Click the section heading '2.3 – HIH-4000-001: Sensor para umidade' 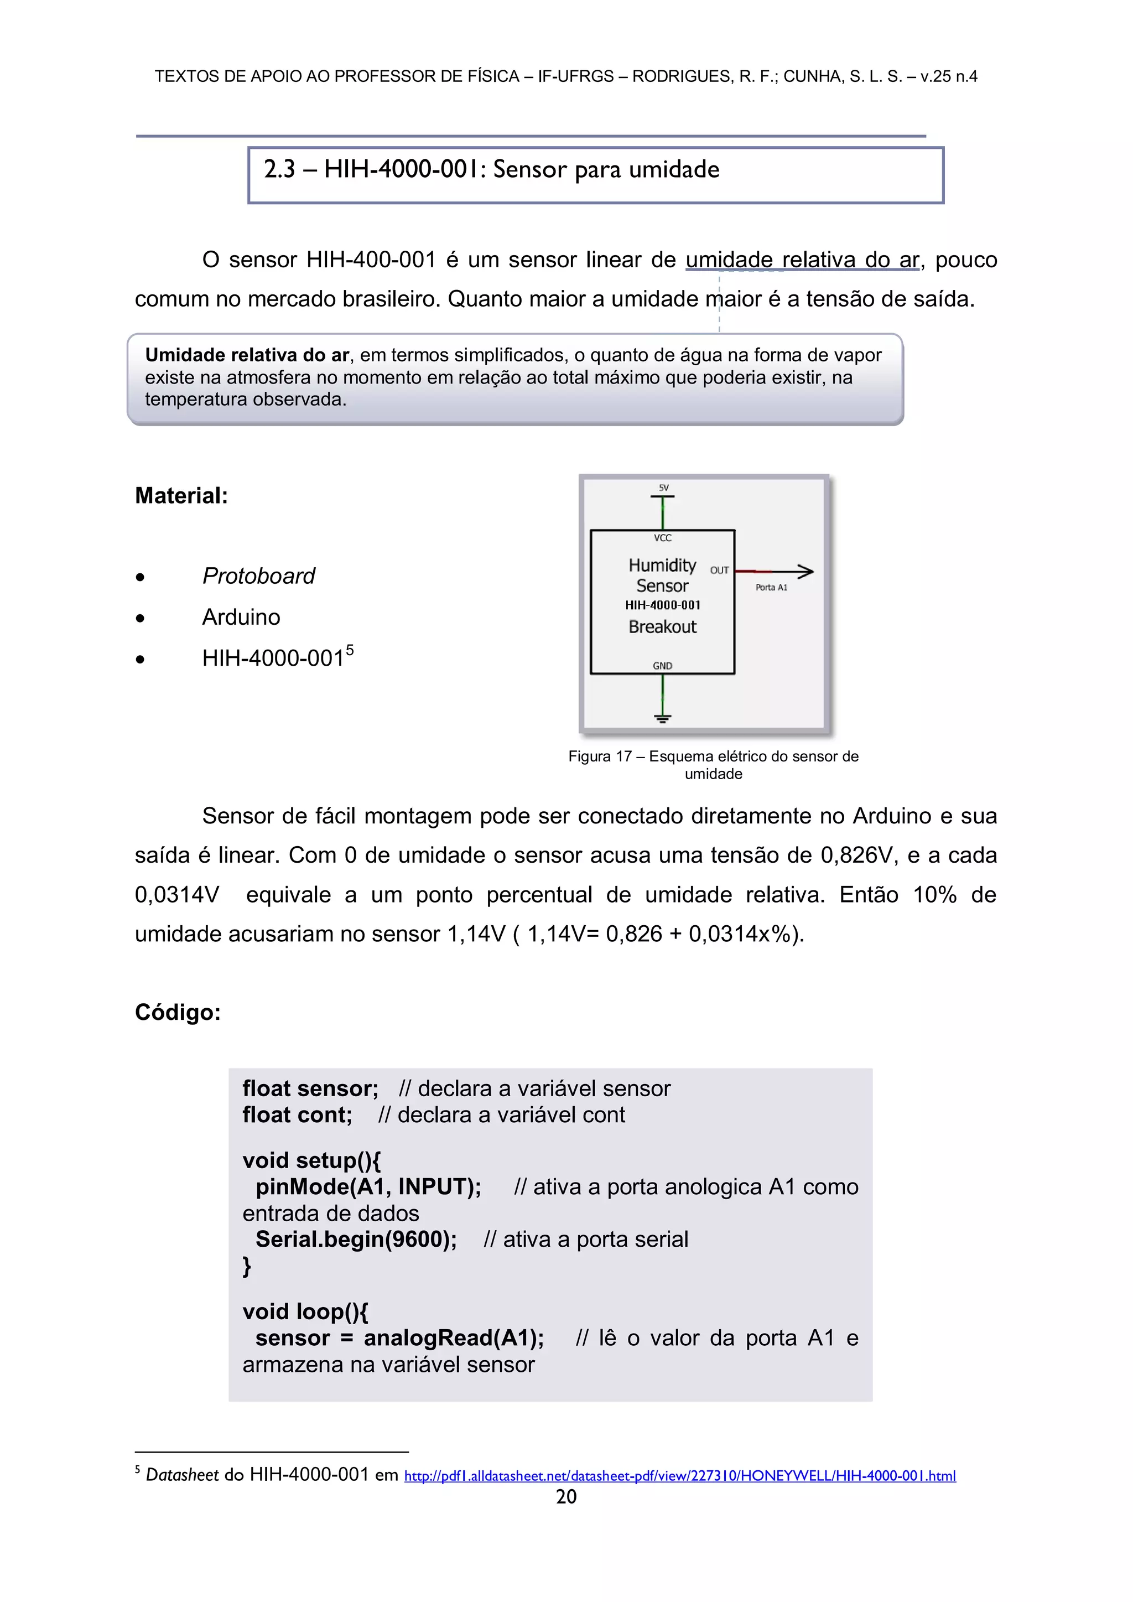pos(491,169)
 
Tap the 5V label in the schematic pos(663,488)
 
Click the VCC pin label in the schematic pos(663,538)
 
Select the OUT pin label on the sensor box pos(719,570)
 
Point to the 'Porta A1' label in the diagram pos(771,588)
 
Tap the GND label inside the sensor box pos(662,666)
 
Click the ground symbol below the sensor pos(662,717)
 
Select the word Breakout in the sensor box pos(662,626)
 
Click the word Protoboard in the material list pos(258,576)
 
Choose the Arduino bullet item pos(241,618)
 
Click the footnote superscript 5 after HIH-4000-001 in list pos(350,650)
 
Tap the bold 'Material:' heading pos(181,496)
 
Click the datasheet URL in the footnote pos(679,1476)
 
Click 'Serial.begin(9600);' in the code pos(356,1239)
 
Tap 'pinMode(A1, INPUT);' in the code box pos(368,1187)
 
